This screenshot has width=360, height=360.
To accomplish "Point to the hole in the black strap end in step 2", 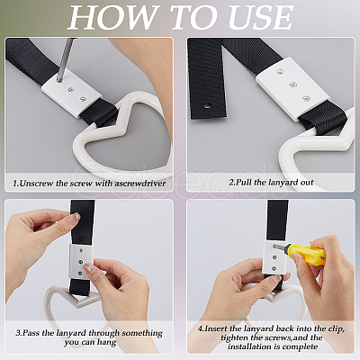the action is coord(207,105).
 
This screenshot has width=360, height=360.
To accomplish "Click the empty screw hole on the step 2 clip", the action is coord(280,71).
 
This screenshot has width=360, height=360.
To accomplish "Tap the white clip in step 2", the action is coord(293,87).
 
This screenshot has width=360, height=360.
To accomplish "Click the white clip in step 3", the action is coord(80,260).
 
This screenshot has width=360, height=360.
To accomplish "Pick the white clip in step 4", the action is coord(274,256).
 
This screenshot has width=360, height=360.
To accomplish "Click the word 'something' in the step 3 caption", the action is coord(142,333).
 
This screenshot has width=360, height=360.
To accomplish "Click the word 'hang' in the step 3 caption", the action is coord(107,342).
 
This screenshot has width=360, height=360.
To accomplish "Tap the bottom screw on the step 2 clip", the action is coord(306,98).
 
